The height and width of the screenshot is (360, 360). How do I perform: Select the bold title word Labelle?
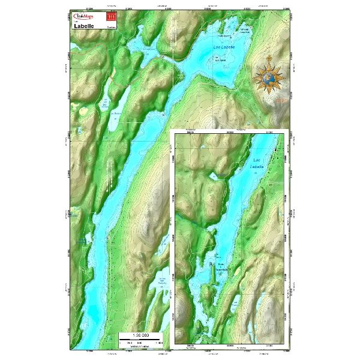86,27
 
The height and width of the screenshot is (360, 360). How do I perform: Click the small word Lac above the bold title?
75,22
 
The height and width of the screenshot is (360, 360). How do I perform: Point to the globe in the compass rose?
271,77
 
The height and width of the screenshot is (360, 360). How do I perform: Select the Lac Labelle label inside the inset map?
257,163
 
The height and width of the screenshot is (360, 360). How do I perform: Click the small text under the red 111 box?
110,26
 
